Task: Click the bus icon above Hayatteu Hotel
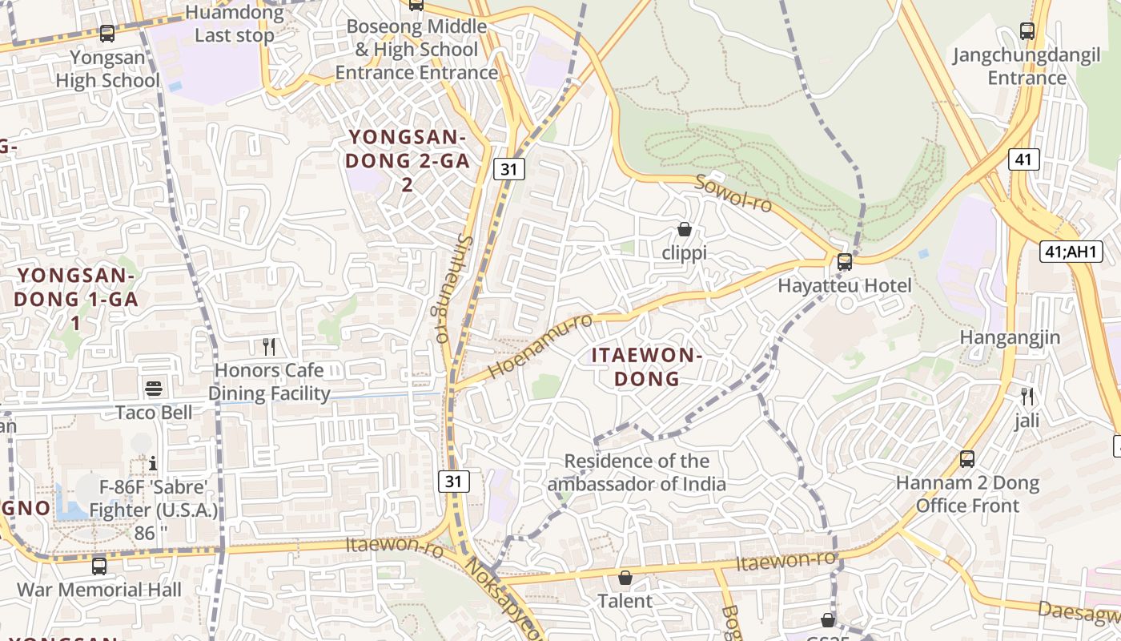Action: (844, 262)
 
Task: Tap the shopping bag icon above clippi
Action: (685, 230)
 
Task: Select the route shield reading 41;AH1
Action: (1071, 252)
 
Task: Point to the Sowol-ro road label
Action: (733, 193)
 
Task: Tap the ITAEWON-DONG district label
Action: (647, 366)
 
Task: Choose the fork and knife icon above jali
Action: (1027, 396)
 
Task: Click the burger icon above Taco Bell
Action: (154, 389)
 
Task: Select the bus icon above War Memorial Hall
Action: (99, 566)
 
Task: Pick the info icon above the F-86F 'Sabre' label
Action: (153, 463)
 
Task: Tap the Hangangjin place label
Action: (1010, 337)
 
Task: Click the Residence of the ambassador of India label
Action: (637, 472)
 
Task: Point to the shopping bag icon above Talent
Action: (625, 578)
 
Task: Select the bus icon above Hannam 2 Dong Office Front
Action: (967, 459)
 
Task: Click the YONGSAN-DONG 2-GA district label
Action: (407, 160)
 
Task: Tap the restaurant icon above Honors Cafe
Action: (269, 346)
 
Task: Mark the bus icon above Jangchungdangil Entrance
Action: (1027, 31)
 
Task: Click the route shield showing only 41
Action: (1023, 159)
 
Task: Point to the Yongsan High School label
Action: (107, 69)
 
